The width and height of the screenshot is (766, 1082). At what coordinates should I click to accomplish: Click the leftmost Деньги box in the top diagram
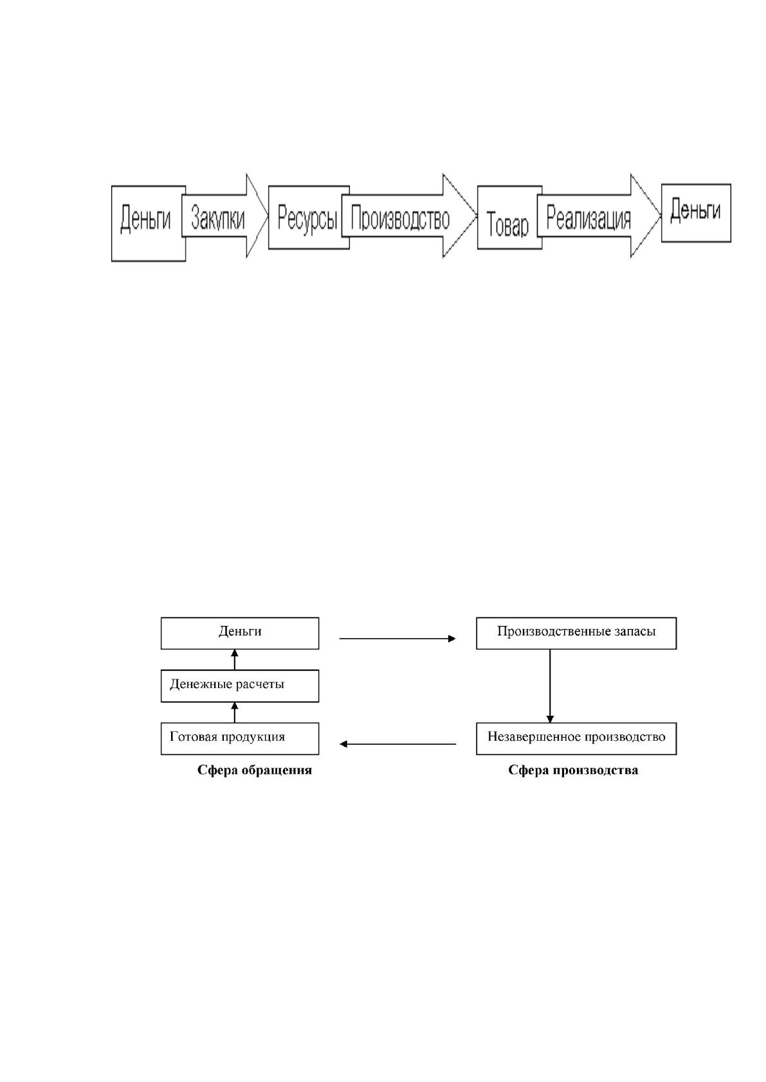pos(149,224)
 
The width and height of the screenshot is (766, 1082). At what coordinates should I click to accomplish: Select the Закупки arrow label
pos(217,218)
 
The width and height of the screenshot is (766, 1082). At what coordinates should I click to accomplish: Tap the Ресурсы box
pos(309,217)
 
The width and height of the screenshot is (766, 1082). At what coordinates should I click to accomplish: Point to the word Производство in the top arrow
pos(400,219)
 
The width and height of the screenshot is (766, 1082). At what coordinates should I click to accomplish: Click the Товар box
pos(509,217)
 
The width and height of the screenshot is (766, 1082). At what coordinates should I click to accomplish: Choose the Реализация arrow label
pos(588,219)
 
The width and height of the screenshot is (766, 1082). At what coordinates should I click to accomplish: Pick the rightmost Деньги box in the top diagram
pos(696,213)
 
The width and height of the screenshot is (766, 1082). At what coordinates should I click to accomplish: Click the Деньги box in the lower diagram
pos(240,634)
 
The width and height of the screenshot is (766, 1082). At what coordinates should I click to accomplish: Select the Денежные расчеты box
pos(240,686)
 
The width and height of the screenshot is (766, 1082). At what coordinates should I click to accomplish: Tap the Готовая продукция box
pos(240,738)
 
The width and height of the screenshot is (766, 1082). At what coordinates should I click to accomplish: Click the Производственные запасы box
pos(576,634)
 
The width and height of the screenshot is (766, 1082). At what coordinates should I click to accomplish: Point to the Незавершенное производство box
pos(576,738)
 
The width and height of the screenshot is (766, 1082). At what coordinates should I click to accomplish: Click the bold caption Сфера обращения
pos(254,770)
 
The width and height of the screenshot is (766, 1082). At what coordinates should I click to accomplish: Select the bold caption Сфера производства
pos(573,770)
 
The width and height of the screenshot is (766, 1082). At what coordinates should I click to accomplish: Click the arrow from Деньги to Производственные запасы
pos(397,639)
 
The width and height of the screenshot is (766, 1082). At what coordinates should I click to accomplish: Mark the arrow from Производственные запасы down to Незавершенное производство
pos(550,686)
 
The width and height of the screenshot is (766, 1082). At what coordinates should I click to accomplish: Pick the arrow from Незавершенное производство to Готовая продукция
pos(397,744)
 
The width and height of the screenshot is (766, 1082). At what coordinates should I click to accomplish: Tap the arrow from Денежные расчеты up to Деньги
pos(235,659)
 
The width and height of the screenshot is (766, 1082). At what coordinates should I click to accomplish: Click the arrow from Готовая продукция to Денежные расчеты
pos(235,713)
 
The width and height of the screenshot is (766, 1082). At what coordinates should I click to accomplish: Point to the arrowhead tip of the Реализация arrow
pos(661,215)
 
